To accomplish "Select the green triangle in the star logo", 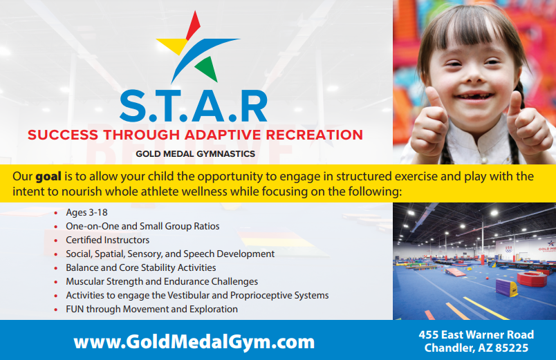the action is pos(207,68).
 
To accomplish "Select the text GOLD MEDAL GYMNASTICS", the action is pos(196,154).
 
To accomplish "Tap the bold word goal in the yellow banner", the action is pos(48,177).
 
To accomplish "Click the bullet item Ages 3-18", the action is pos(86,212).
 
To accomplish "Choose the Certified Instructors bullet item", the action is pos(107,240).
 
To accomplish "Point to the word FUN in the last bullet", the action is pos(75,309).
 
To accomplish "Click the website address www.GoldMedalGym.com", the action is pos(194,343).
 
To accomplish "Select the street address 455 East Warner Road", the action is pos(476,334).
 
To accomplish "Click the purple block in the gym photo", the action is pos(506,287).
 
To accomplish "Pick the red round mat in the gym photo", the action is pos(532,279).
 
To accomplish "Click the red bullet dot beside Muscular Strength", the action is pos(56,282).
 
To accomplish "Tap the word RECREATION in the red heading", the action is pos(314,135).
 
